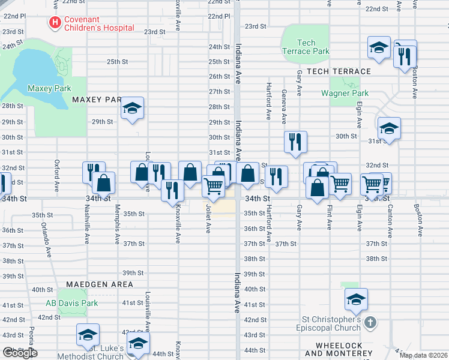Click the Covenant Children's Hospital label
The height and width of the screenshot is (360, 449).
(x=98, y=23)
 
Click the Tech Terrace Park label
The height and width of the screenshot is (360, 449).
(x=306, y=47)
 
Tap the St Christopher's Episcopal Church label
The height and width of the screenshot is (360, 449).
(x=329, y=323)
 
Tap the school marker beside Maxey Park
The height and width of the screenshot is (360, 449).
(x=133, y=109)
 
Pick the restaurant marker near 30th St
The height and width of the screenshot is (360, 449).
(x=295, y=142)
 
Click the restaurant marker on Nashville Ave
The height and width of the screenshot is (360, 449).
(x=94, y=173)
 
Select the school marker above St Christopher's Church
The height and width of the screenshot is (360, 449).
(x=356, y=299)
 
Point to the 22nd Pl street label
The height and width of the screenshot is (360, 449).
(x=218, y=16)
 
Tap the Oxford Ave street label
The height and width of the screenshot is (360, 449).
(x=57, y=172)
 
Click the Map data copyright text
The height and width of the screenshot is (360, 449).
(x=423, y=355)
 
